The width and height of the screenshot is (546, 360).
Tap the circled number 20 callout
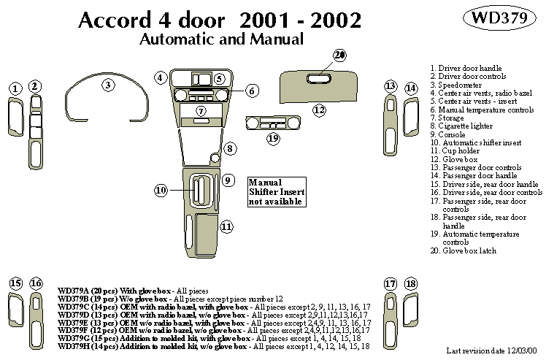339,55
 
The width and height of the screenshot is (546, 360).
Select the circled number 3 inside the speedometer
108,85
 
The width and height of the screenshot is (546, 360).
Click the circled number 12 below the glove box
319,110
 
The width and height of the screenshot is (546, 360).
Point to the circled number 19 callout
273,137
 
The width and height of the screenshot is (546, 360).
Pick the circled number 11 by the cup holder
227,227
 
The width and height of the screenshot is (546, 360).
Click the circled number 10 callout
161,191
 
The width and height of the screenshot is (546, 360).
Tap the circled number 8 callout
228,149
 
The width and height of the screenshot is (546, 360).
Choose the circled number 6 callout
251,91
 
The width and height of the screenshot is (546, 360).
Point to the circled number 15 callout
15,283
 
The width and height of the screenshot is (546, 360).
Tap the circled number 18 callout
410,283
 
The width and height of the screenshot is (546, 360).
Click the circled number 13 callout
391,87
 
